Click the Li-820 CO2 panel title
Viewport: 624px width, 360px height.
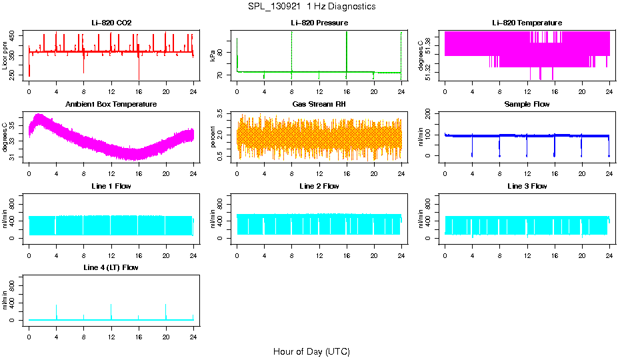point(111,23)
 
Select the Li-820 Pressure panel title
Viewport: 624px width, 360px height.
point(319,23)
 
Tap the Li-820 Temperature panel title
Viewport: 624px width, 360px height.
point(527,23)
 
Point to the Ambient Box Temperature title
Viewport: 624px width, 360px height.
point(111,105)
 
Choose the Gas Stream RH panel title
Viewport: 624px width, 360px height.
point(319,105)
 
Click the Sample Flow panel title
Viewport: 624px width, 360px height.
point(527,105)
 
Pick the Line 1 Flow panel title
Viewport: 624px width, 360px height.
point(111,186)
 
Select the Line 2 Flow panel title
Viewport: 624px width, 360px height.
point(319,186)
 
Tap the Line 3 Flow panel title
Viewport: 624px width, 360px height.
point(527,186)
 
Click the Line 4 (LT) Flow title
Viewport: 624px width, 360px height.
point(111,267)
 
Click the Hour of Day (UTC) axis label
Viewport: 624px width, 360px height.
point(311,351)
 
